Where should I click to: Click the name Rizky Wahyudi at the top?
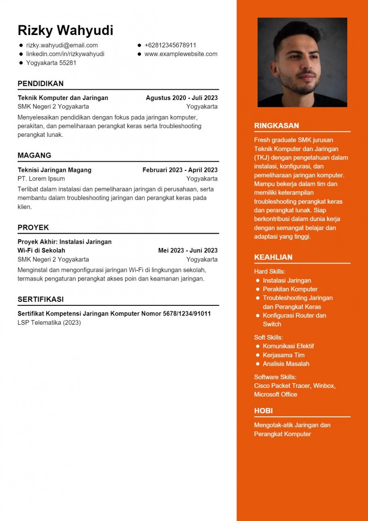[x=65, y=30]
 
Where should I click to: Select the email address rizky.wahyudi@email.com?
[x=62, y=45]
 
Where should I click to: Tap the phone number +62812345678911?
[x=170, y=45]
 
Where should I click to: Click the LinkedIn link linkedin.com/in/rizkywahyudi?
[x=65, y=54]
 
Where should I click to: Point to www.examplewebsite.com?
[x=181, y=54]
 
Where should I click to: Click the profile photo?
[x=302, y=62]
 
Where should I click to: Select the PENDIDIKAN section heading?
[x=40, y=83]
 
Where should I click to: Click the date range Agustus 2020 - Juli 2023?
[x=182, y=98]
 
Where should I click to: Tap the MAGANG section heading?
[x=34, y=155]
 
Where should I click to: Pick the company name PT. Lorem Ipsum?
[x=41, y=179]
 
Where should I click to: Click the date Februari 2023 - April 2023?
[x=180, y=170]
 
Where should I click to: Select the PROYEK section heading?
[x=33, y=228]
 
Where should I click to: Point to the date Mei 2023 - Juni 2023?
[x=188, y=251]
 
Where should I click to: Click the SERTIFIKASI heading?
[x=40, y=299]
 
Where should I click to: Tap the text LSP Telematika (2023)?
[x=49, y=322]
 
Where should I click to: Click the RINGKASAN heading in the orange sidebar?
[x=276, y=126]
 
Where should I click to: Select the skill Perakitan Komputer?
[x=290, y=289]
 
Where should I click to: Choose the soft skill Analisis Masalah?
[x=286, y=363]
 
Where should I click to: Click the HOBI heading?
[x=264, y=411]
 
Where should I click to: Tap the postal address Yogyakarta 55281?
[x=51, y=63]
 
